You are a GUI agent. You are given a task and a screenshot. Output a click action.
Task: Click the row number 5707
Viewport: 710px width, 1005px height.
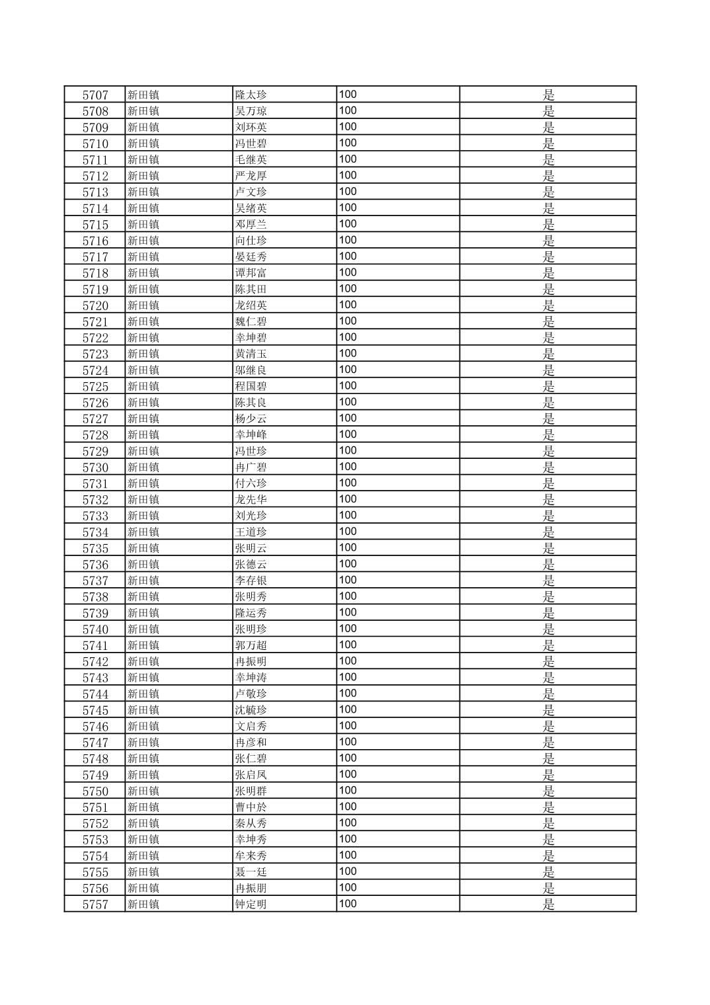(95, 95)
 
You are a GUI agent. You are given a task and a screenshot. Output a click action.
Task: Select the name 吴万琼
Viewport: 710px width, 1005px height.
(251, 111)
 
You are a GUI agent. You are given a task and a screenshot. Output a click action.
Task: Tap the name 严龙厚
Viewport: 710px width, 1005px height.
(251, 176)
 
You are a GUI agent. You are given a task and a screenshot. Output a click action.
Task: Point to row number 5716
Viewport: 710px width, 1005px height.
(95, 241)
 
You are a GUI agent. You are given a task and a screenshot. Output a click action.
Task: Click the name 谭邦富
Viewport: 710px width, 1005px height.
(251, 273)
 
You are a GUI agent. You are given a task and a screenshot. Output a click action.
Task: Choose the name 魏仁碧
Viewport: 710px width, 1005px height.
(251, 322)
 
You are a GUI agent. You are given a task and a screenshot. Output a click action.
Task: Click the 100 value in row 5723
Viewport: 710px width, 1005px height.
(348, 354)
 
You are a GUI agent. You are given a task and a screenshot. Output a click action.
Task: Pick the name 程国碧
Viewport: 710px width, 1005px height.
(251, 387)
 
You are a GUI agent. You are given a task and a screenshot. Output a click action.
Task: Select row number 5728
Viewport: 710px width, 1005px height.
(95, 435)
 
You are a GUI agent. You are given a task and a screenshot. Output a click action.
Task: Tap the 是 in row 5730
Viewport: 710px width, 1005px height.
(549, 467)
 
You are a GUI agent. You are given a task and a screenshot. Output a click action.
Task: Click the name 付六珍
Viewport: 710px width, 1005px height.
(251, 484)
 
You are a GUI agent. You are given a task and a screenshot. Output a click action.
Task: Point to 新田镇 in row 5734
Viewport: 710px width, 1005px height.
(143, 532)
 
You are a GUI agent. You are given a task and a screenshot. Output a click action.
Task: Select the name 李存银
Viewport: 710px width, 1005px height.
(251, 581)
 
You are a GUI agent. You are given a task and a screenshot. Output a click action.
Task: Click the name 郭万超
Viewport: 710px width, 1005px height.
(251, 646)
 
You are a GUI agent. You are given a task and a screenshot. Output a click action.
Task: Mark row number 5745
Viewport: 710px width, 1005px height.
(95, 711)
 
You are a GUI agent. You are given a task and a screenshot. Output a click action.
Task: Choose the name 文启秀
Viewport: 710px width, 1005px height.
(251, 727)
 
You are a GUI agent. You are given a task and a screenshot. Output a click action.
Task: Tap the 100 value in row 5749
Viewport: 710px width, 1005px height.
(348, 775)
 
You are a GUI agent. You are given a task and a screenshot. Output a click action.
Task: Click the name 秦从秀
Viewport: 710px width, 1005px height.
(251, 824)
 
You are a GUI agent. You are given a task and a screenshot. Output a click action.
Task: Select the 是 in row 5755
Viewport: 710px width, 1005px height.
(549, 872)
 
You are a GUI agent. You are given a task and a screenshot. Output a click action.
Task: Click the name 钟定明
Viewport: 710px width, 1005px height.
(251, 904)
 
